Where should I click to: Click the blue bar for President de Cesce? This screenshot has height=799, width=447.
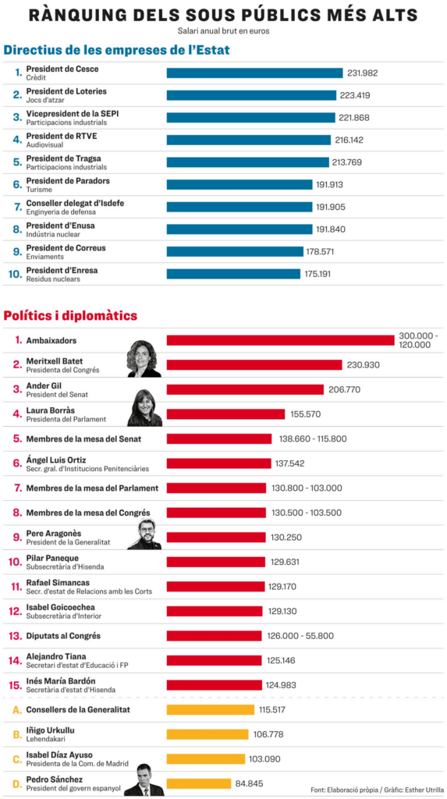pos(255,73)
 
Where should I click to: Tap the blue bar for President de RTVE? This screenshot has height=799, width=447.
pos(249,140)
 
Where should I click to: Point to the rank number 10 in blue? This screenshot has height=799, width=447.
pos(16,274)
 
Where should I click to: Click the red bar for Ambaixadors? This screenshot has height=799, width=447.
pos(280,340)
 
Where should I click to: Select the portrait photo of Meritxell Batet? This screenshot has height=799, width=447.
pos(144,359)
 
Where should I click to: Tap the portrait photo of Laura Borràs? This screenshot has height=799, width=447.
pos(144,407)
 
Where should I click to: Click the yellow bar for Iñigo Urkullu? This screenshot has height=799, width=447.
pos(208,734)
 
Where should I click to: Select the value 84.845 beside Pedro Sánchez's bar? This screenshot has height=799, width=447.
pos(249,783)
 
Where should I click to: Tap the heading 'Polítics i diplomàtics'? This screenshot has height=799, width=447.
pos(70,316)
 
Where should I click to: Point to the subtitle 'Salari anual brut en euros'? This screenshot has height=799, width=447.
pos(223,30)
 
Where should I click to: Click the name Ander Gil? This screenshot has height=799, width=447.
pos(44,385)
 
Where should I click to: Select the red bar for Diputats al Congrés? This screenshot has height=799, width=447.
pos(215,636)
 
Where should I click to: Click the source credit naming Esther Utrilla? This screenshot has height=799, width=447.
pos(377,790)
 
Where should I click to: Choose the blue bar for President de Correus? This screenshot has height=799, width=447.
pos(235,252)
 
